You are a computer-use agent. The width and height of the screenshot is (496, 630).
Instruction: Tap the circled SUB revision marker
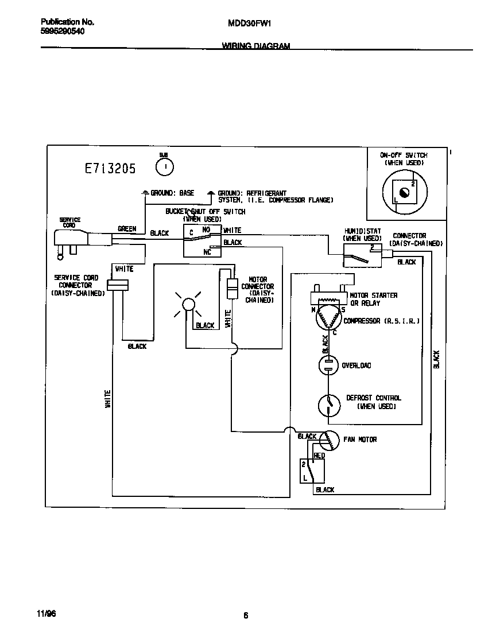[164, 166]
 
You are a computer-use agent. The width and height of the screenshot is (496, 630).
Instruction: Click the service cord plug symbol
[72, 241]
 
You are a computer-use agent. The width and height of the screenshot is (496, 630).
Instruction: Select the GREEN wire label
[127, 229]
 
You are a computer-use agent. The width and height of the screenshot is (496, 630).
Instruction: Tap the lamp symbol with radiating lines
[188, 304]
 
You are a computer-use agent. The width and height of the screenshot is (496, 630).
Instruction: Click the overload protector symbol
[329, 365]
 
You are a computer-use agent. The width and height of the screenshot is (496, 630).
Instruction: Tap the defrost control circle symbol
[329, 405]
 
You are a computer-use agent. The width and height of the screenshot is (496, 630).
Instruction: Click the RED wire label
[319, 456]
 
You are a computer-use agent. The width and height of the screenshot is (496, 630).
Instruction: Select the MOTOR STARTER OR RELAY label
[373, 299]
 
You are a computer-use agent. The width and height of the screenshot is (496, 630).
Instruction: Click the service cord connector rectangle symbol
[118, 285]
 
